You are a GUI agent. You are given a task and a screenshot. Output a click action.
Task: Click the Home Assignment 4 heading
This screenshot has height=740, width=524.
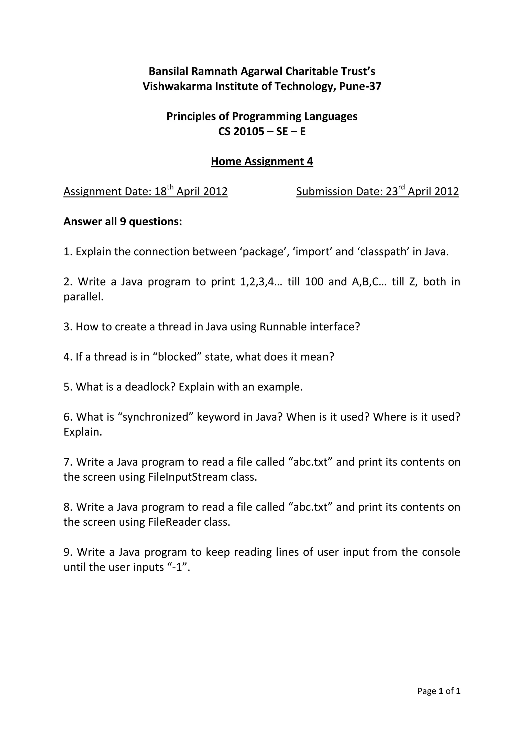click(262, 161)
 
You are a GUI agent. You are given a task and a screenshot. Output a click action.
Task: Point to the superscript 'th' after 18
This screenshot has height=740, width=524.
click(170, 187)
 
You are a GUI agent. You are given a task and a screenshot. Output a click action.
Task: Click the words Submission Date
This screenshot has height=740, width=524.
click(340, 191)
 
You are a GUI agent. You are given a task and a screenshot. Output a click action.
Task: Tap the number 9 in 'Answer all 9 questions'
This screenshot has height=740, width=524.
click(123, 222)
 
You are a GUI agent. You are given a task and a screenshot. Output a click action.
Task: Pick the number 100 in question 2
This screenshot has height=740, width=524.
click(314, 282)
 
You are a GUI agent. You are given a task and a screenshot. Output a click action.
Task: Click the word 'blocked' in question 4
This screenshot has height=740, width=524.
click(177, 357)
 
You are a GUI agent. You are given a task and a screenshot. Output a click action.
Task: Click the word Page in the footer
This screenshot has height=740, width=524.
click(427, 700)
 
